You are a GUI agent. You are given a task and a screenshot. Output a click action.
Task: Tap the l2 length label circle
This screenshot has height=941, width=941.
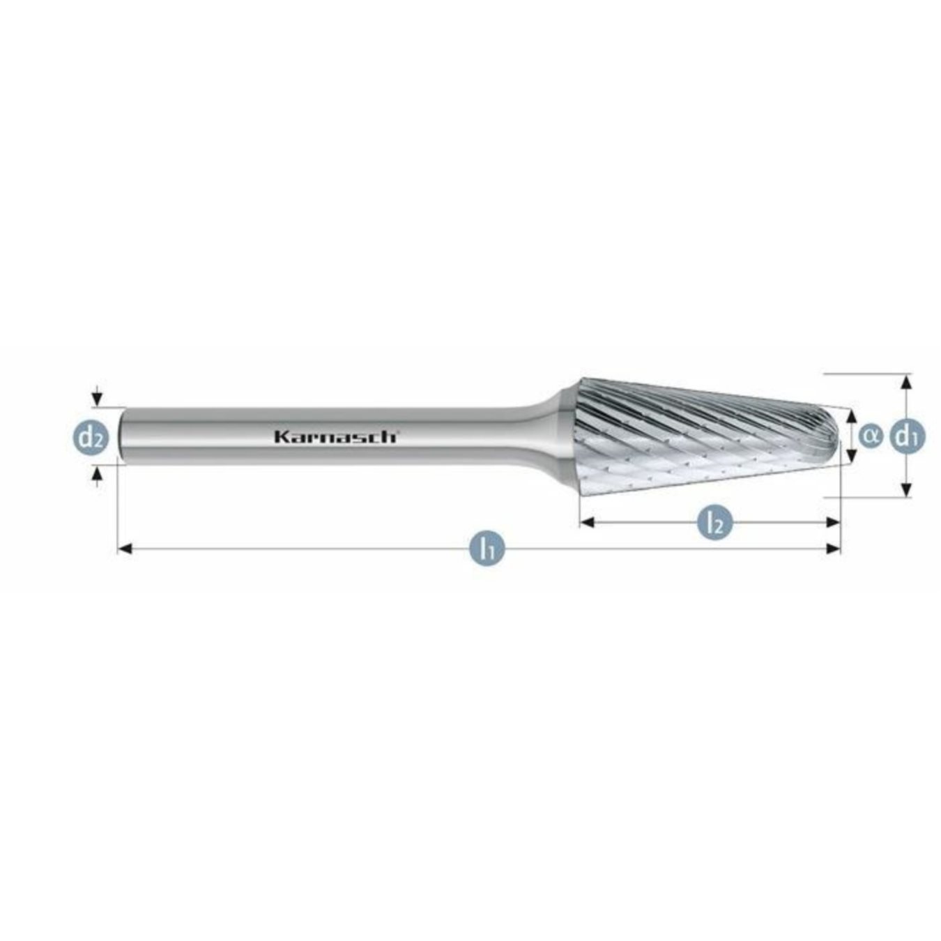(714, 522)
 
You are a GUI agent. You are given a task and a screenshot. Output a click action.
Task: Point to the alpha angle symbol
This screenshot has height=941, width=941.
(870, 436)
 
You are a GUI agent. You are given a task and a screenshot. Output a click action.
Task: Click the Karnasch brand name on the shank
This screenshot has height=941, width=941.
(335, 437)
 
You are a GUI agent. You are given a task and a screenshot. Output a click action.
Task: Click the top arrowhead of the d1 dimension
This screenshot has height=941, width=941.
(906, 382)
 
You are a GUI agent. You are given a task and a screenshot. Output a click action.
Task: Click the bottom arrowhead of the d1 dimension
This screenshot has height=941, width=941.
(906, 489)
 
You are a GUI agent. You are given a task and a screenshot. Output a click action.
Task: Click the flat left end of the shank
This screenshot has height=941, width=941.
(123, 436)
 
